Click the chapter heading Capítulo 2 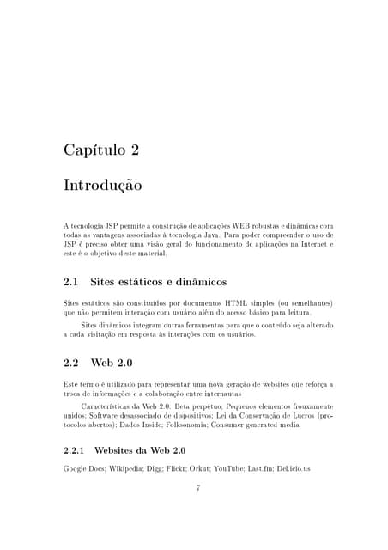tap(101, 150)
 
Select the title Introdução tap(103, 186)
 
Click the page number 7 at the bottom tap(198, 488)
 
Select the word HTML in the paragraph tap(234, 303)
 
